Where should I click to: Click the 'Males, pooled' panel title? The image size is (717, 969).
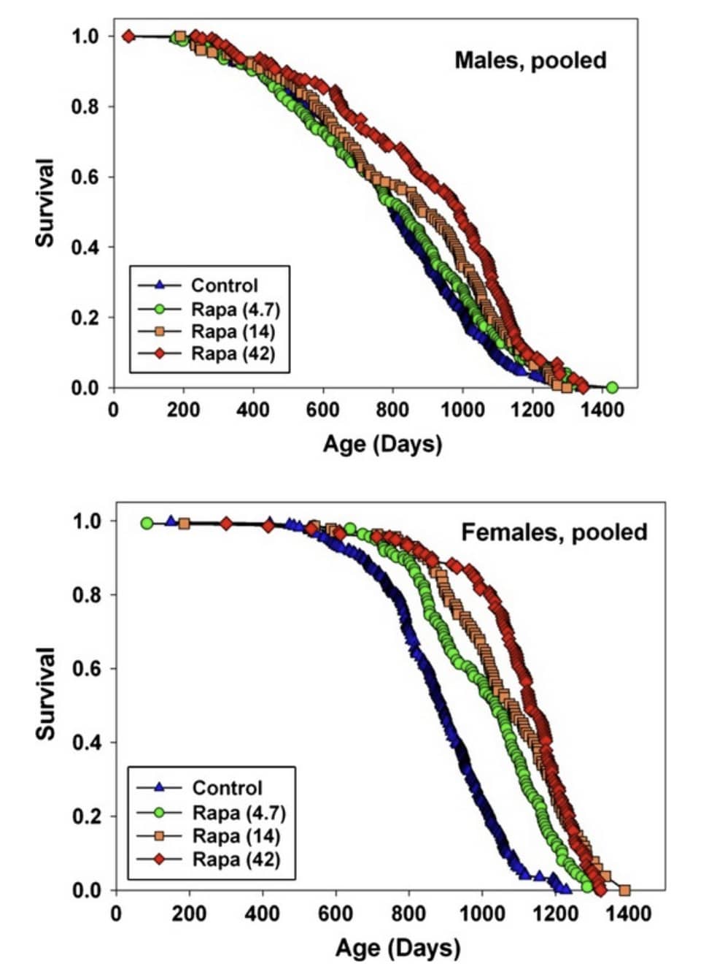point(530,60)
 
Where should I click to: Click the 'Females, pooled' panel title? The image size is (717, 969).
point(554,532)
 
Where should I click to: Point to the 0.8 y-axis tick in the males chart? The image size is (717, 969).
point(85,107)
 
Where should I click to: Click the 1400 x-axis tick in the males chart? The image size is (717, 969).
point(602,410)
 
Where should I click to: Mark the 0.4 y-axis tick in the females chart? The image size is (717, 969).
point(85,743)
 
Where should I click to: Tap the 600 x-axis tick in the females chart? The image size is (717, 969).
point(336,914)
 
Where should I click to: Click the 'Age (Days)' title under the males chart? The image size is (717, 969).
point(382,443)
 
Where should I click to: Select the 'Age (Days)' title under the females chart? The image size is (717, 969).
point(398,948)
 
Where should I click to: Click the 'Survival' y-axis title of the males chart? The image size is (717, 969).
point(45,202)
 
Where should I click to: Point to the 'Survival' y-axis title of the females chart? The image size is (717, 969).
point(45,693)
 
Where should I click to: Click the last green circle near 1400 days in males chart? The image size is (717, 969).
point(612,387)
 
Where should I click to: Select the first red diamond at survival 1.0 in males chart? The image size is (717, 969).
point(128,36)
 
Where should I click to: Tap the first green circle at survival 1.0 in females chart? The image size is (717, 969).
point(147,523)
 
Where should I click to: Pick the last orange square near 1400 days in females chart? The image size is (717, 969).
point(624,889)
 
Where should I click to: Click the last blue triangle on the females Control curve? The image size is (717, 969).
point(565,886)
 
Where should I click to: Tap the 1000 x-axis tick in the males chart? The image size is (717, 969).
point(462,410)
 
